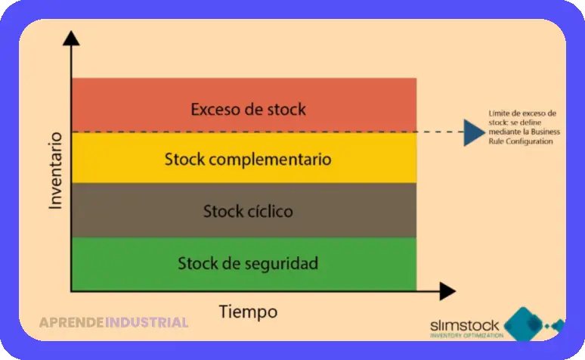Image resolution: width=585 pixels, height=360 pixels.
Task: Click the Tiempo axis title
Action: coord(248,312)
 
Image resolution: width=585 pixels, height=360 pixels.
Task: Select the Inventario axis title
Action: coord(55,171)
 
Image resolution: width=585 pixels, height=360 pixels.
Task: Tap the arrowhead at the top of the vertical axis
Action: coord(71,39)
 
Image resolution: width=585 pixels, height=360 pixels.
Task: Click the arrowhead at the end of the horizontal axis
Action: coord(447,291)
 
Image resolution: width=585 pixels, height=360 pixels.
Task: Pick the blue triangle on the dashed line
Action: coord(474,132)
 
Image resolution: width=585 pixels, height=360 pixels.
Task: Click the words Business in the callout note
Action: coord(546,132)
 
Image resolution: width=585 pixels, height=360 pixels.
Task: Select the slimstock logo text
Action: coord(465,326)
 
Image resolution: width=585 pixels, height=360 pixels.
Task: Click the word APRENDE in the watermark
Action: coord(72,322)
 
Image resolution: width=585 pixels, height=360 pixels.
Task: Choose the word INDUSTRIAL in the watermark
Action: coord(147,322)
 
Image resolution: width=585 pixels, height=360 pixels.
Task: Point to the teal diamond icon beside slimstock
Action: coord(523,324)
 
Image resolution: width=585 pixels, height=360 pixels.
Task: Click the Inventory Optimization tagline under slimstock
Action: coord(467,335)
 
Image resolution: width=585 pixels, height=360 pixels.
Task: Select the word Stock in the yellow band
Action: coord(184,159)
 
